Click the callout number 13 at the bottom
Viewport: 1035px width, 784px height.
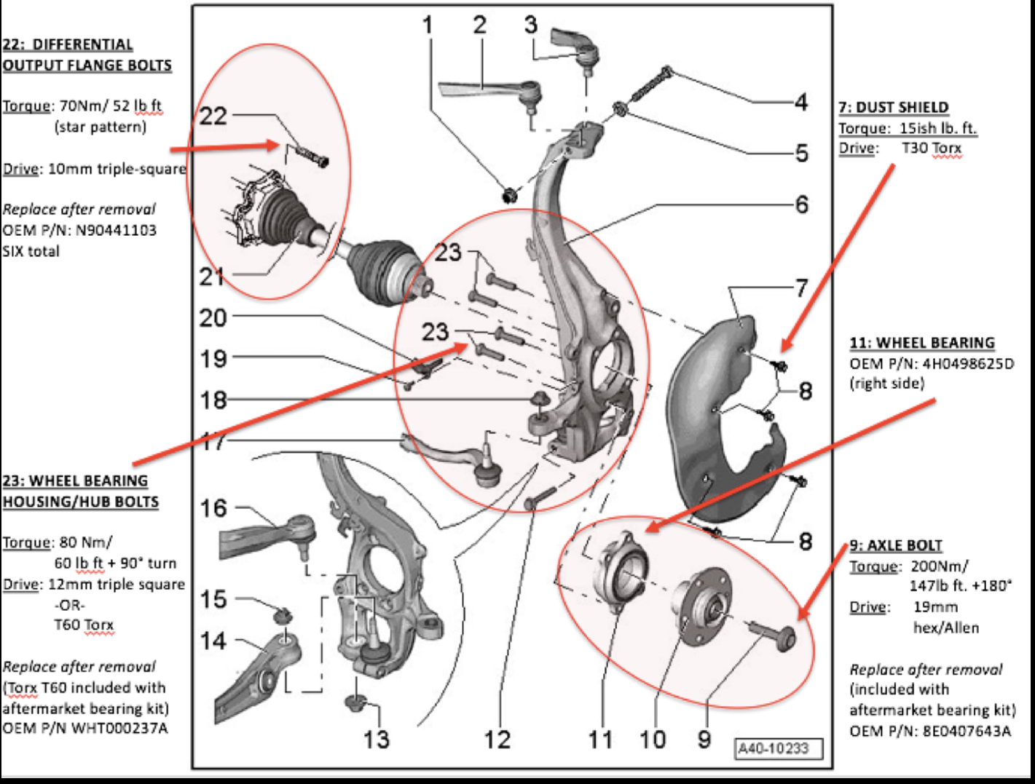click(376, 740)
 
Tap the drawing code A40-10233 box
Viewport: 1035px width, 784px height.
click(779, 749)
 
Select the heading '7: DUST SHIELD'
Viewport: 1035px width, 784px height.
click(894, 108)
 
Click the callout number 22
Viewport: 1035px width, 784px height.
click(213, 116)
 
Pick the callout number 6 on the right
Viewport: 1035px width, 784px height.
click(802, 205)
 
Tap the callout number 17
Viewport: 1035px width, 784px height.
click(213, 441)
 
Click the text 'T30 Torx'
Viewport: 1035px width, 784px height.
click(932, 148)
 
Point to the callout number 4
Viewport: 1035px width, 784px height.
click(801, 102)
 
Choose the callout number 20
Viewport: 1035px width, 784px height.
click(213, 318)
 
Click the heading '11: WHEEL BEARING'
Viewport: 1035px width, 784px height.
click(922, 343)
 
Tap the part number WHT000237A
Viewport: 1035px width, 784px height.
click(119, 729)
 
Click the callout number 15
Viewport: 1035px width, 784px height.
click(213, 599)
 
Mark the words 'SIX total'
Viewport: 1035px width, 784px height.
click(31, 251)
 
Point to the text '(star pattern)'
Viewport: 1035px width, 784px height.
click(101, 127)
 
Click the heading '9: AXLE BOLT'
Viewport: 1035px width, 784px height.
click(896, 545)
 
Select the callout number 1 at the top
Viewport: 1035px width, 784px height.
click(428, 25)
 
